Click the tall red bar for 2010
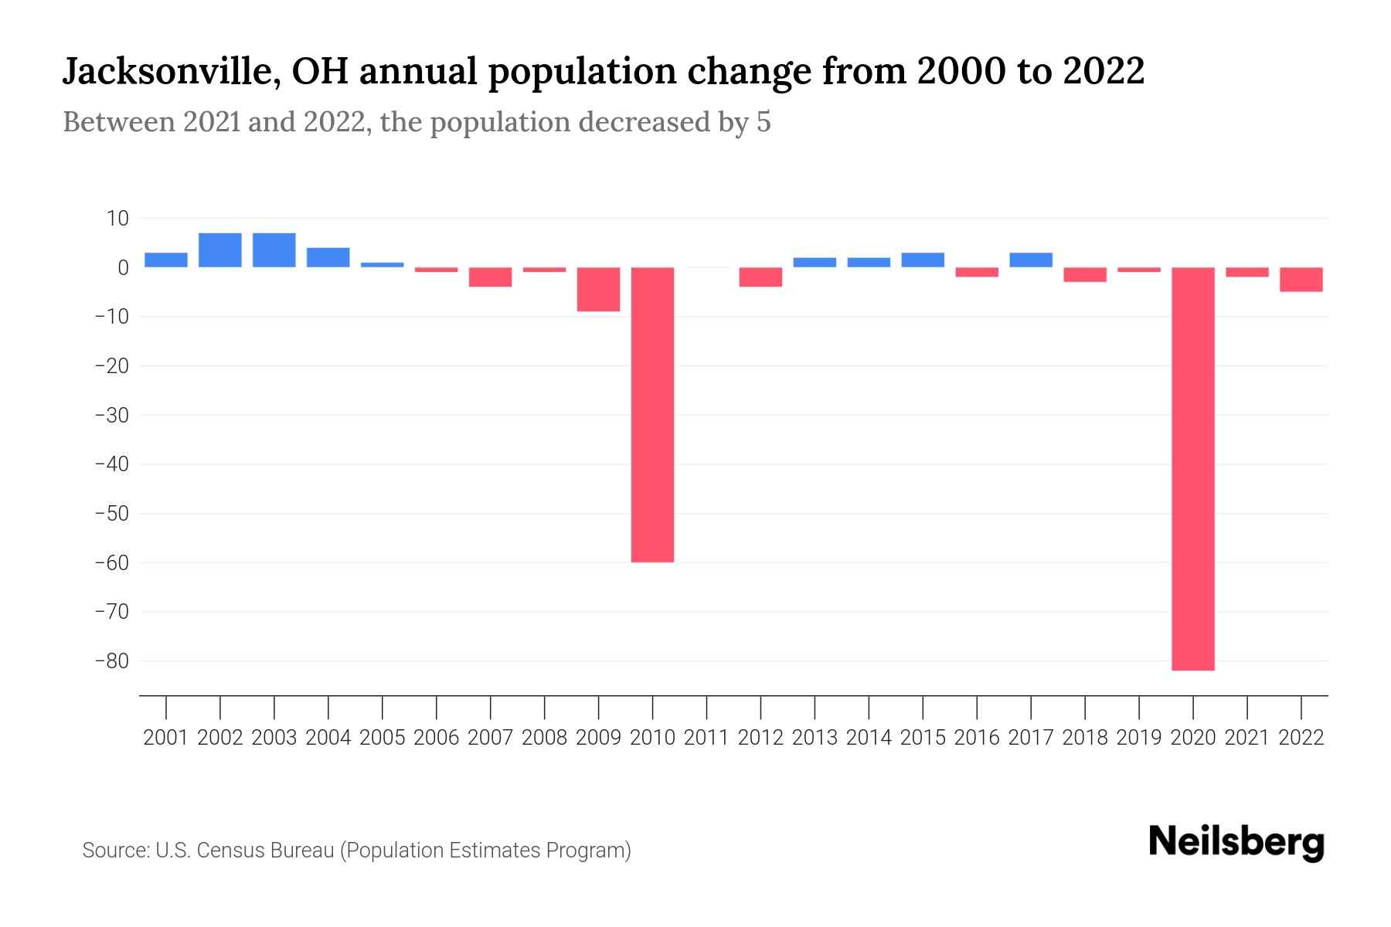click(652, 415)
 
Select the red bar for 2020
click(1192, 469)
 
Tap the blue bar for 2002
click(220, 250)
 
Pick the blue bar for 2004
click(328, 257)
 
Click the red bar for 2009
click(598, 290)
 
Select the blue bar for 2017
click(1030, 260)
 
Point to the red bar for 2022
click(1301, 280)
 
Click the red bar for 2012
click(760, 277)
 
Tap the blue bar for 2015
click(922, 260)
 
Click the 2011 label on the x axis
click(706, 738)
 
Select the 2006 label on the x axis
click(436, 738)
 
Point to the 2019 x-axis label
click(1138, 738)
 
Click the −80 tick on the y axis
click(111, 661)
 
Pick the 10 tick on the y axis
click(117, 219)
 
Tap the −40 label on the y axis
click(111, 464)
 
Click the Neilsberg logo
click(1236, 842)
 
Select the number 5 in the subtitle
click(764, 122)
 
